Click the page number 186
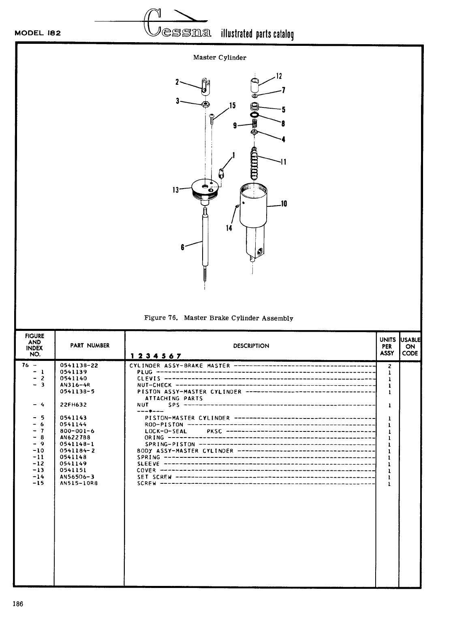point(17,604)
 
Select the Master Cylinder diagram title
point(220,58)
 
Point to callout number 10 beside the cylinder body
point(284,204)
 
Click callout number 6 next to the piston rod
point(182,247)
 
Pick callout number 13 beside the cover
point(175,189)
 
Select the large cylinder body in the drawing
point(253,215)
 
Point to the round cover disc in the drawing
point(207,189)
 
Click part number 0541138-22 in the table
point(79,365)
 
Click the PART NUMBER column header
point(90,345)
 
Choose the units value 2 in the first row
point(389,366)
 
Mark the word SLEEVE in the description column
point(148,464)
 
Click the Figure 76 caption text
point(219,318)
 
